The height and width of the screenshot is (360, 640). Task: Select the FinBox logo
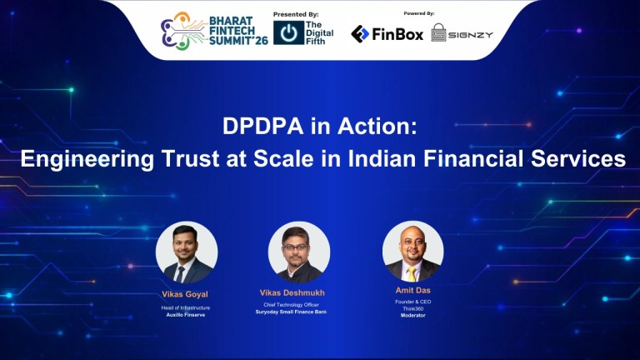(x=387, y=33)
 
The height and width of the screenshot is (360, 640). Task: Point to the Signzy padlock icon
(x=439, y=33)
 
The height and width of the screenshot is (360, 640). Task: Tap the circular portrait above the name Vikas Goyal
(x=187, y=252)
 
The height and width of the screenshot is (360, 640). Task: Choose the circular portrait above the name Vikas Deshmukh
(x=299, y=252)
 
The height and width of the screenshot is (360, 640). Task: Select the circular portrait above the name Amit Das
(x=412, y=251)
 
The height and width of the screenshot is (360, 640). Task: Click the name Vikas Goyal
(x=186, y=294)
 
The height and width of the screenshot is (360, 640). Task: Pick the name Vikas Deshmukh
(x=299, y=293)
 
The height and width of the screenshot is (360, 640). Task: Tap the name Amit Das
(x=412, y=290)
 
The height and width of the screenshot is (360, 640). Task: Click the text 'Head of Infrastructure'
(x=186, y=307)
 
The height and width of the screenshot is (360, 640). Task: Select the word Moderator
(x=412, y=315)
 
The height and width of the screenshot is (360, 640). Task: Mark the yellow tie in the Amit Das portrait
(x=412, y=272)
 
